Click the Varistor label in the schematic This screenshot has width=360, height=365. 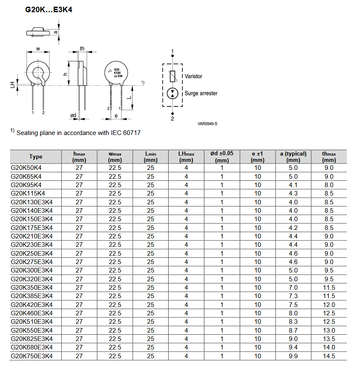pyautogui.click(x=193, y=77)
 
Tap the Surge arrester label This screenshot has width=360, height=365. pyautogui.click(x=201, y=93)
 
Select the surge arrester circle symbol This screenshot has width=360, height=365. pyautogui.click(x=172, y=93)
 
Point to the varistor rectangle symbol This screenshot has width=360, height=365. pyautogui.click(x=172, y=77)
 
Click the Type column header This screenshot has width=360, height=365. pyautogui.click(x=36, y=157)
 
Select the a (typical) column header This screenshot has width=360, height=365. pyautogui.click(x=293, y=157)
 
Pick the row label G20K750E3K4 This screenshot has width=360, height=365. pyautogui.click(x=32, y=356)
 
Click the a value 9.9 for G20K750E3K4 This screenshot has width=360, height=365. pyautogui.click(x=293, y=356)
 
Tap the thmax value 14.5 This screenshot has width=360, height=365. pyautogui.click(x=329, y=356)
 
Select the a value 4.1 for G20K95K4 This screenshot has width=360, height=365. pyautogui.click(x=293, y=185)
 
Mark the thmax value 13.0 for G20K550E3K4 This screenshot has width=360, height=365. pyautogui.click(x=329, y=330)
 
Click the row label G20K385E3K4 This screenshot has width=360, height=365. pyautogui.click(x=32, y=296)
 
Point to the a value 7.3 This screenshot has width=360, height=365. pyautogui.click(x=293, y=296)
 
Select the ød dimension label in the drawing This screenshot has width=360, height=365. pyautogui.click(x=73, y=115)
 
